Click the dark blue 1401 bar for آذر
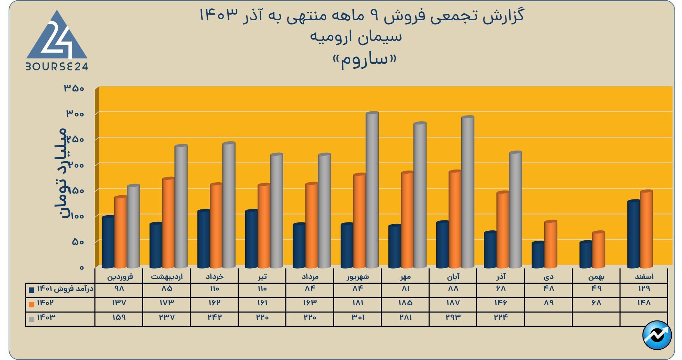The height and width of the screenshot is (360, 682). tap(490, 250)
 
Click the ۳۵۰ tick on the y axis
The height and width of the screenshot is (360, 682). tap(74, 88)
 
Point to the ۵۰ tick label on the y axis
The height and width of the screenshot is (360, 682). tap(78, 242)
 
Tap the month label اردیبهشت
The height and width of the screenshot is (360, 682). tap(167, 276)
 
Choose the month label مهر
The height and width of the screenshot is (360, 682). tap(406, 276)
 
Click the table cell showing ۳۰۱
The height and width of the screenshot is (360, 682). tap(358, 317)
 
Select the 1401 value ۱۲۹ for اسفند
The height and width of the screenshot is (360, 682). tap(644, 288)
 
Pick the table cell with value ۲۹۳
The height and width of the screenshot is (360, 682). tap(453, 317)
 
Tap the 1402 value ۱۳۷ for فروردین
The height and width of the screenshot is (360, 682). tap(119, 303)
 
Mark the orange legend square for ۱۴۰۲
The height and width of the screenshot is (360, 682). tap(32, 304)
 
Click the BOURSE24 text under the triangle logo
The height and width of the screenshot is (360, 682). tap(57, 66)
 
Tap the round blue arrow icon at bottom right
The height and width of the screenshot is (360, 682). tap(657, 336)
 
